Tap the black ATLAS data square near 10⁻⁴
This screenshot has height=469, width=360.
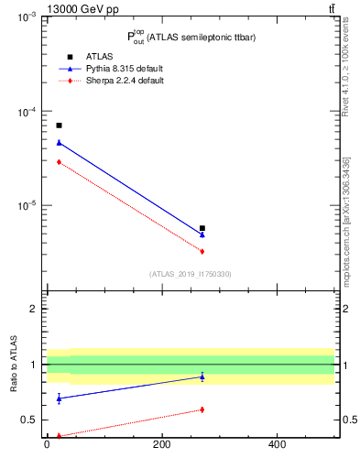point(59,125)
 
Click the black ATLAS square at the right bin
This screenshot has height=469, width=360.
point(202,228)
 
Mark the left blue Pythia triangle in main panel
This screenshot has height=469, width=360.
point(59,142)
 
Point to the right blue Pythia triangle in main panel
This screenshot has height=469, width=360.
point(202,234)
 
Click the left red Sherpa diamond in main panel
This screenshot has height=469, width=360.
point(59,161)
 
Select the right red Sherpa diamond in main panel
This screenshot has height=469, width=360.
point(202,251)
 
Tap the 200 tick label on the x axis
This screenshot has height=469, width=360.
point(162,445)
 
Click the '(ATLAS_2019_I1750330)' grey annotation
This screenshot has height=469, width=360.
point(191,274)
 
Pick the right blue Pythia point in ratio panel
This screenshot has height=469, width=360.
point(202,376)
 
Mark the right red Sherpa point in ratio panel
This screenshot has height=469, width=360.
point(202,409)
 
